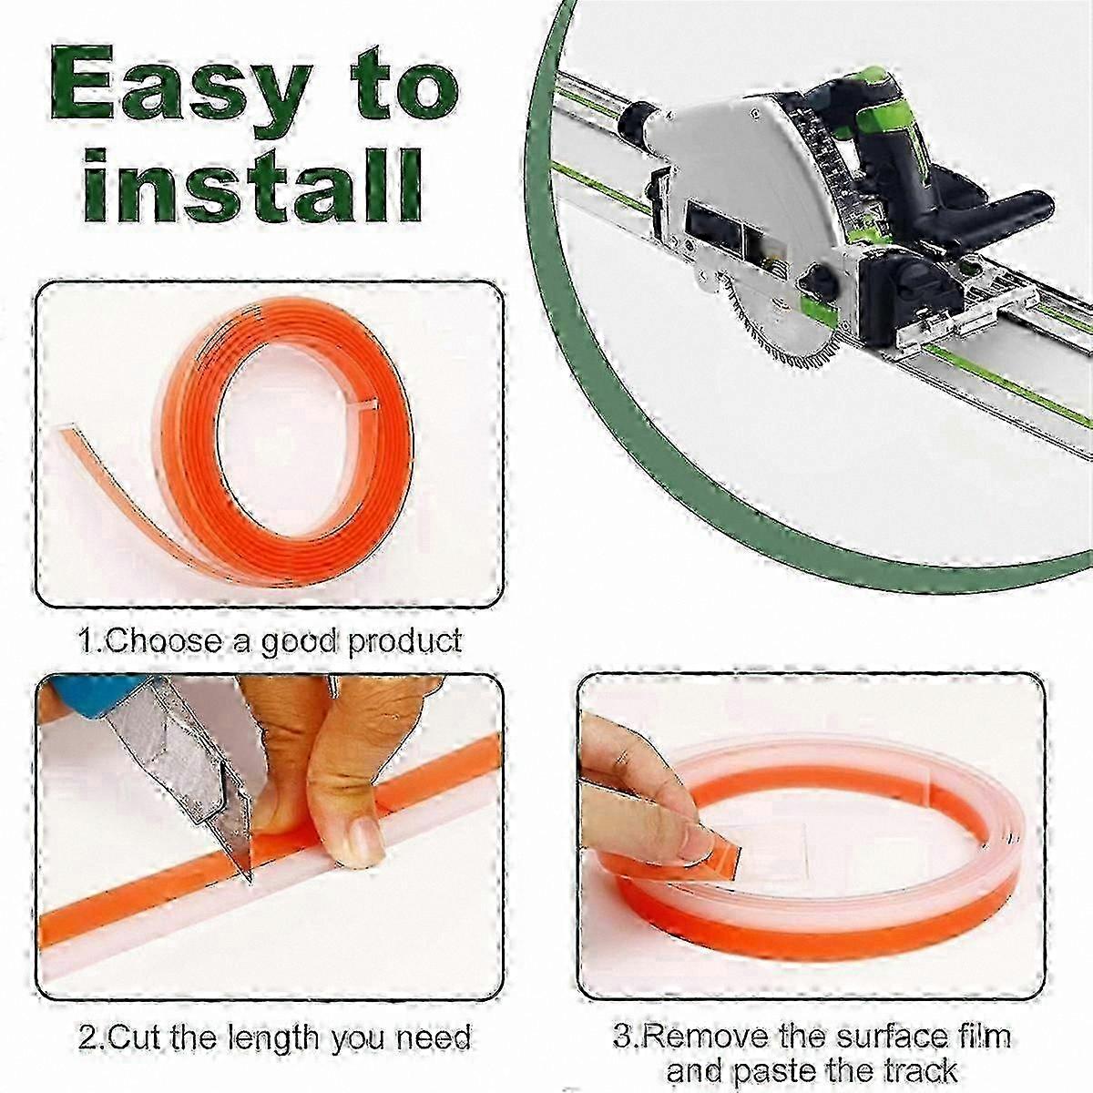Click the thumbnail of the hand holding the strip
tap(362, 837)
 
